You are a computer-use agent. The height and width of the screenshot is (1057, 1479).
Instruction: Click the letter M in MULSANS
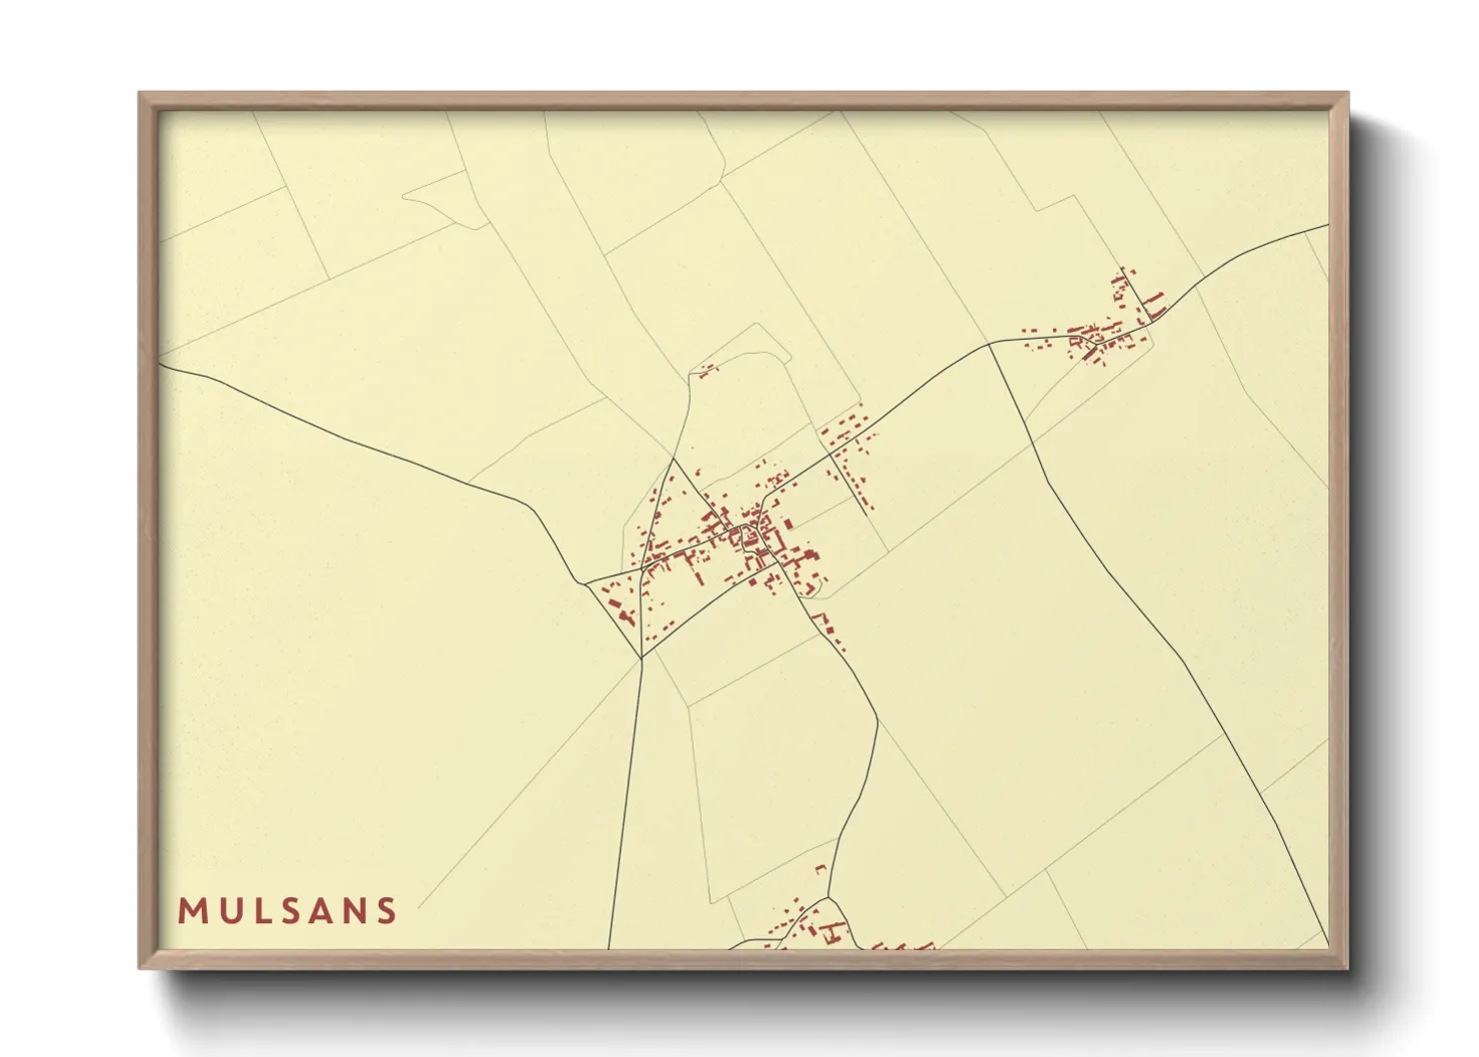pyautogui.click(x=192, y=911)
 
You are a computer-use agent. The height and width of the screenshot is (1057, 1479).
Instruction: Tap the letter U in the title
pyautogui.click(x=228, y=911)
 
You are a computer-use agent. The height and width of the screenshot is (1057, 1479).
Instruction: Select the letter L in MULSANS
pyautogui.click(x=259, y=911)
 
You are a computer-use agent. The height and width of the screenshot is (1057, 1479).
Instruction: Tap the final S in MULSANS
pyautogui.click(x=386, y=911)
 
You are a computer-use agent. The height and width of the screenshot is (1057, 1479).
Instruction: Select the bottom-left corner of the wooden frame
pyautogui.click(x=140, y=967)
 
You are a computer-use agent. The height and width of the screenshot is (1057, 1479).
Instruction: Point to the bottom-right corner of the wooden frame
pyautogui.click(x=1347, y=967)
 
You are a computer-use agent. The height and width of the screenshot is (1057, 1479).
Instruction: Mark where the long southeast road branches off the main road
pyautogui.click(x=991, y=344)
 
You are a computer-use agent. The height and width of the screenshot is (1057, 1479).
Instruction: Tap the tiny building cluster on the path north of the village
pyautogui.click(x=708, y=371)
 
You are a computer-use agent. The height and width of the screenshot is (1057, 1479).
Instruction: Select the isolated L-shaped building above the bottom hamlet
pyautogui.click(x=821, y=869)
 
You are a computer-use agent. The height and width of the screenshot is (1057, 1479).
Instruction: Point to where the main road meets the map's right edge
pyautogui.click(x=1327, y=226)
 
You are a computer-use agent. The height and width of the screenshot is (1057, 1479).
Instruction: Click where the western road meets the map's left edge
pyautogui.click(x=160, y=365)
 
